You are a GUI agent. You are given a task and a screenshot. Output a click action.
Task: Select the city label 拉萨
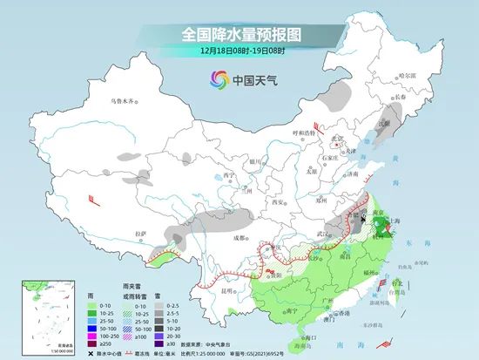[140, 234]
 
